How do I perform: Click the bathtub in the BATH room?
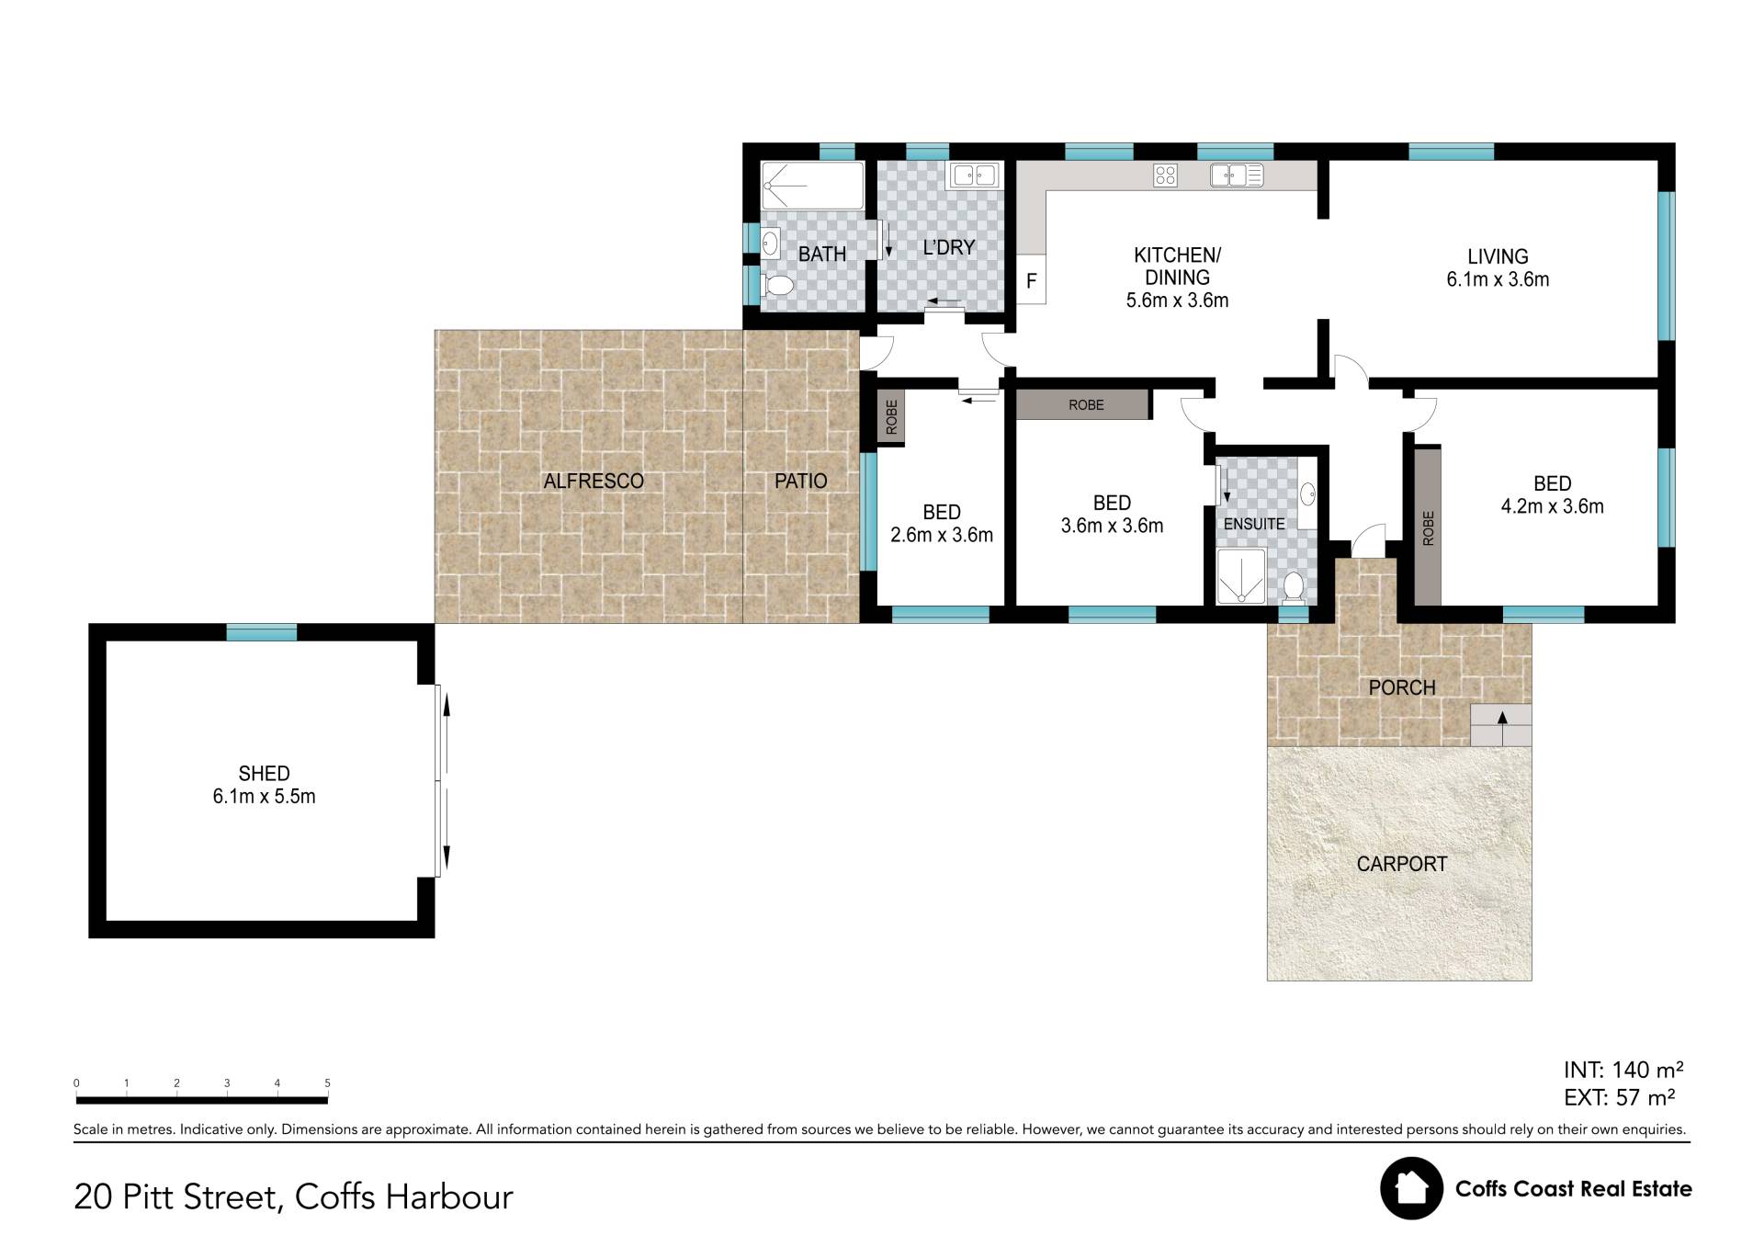(812, 186)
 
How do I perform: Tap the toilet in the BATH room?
(778, 286)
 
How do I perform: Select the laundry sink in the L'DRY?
(974, 175)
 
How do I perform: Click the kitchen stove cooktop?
(1165, 176)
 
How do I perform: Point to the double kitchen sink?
(1237, 175)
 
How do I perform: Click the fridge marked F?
(1031, 279)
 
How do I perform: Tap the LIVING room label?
(1498, 257)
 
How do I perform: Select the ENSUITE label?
(1254, 524)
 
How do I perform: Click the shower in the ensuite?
(1240, 577)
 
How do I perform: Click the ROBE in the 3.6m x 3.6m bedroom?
(1083, 405)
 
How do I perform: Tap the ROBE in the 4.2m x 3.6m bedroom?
(1427, 526)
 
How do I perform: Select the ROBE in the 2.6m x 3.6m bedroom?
(891, 417)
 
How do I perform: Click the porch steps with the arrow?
(1501, 725)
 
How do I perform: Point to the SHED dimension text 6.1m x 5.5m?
(264, 797)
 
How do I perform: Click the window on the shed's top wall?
(262, 632)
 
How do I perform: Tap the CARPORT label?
(1401, 864)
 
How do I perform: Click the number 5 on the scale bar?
(327, 1083)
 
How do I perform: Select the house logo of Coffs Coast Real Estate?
(1411, 1188)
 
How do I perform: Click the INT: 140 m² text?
(1623, 1070)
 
